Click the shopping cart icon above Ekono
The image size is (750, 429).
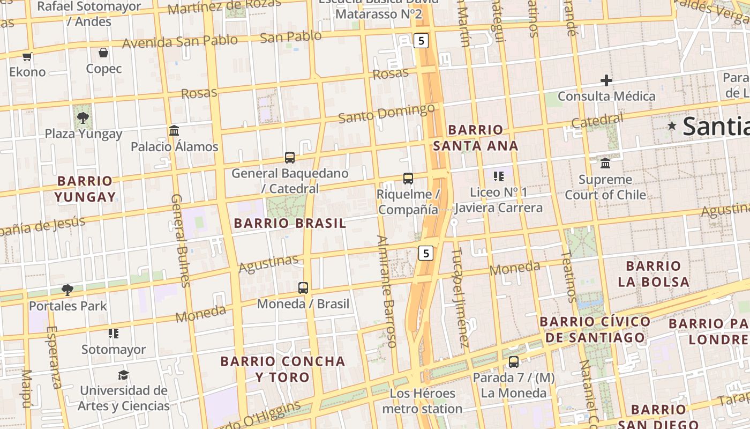[27, 56]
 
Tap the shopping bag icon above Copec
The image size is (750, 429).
[103, 53]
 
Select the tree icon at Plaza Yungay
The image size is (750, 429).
[82, 117]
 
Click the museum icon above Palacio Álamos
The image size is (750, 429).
[174, 130]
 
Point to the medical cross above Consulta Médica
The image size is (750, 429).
[606, 81]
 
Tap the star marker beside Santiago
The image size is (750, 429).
[672, 125]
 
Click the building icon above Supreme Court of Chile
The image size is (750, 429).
[605, 163]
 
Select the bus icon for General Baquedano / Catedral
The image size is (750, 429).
[290, 157]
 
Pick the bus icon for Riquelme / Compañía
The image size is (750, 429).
[408, 178]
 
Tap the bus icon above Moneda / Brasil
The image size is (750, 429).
[303, 287]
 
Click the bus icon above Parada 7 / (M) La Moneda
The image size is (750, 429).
[514, 361]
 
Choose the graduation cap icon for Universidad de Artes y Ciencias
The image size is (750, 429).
[124, 374]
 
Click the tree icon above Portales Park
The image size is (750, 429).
[67, 290]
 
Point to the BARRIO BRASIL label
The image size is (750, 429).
[290, 224]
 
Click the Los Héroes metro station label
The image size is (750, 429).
[422, 401]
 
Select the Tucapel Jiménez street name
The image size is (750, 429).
[461, 297]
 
